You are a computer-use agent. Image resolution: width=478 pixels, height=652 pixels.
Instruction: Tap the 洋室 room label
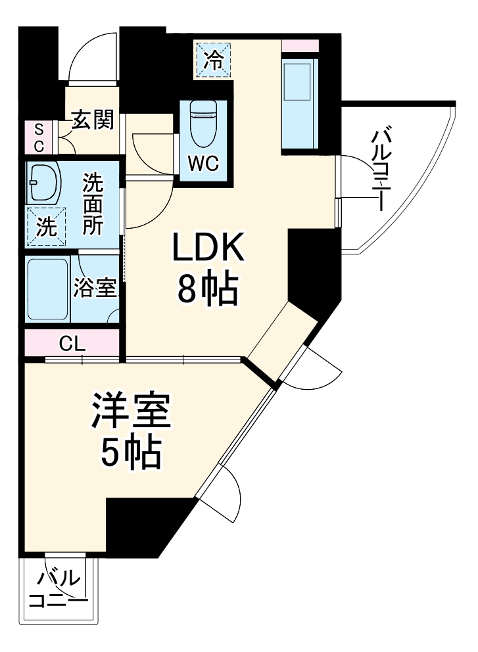click(x=131, y=412)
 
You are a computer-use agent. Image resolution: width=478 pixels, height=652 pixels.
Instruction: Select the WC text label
click(x=204, y=163)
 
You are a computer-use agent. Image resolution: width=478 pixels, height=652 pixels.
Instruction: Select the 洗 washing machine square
click(x=46, y=227)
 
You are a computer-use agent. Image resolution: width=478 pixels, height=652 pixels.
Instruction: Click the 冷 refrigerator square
click(x=212, y=60)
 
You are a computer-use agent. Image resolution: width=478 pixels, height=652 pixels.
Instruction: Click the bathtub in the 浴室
click(x=47, y=289)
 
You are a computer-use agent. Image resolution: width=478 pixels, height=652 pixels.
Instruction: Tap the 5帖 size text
click(x=131, y=452)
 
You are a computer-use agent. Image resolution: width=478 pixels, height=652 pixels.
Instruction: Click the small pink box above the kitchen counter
click(x=300, y=46)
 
